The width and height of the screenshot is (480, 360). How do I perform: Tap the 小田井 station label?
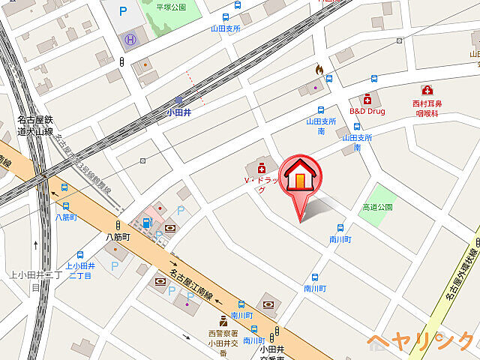click(178, 113)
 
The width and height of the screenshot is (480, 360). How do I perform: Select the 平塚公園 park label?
click(170, 7)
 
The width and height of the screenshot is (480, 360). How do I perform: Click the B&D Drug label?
click(367, 111)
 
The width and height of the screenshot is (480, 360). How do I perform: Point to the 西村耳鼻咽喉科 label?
click(427, 109)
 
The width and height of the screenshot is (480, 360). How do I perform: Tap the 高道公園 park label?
click(377, 206)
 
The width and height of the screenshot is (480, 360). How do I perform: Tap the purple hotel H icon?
click(131, 38)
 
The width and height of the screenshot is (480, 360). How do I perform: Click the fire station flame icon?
click(319, 70)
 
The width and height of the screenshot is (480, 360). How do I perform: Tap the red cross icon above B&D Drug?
click(367, 98)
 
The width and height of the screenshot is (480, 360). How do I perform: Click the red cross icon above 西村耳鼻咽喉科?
click(427, 91)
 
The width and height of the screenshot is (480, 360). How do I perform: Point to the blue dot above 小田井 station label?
click(178, 100)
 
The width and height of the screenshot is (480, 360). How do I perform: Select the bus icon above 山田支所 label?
click(225, 16)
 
